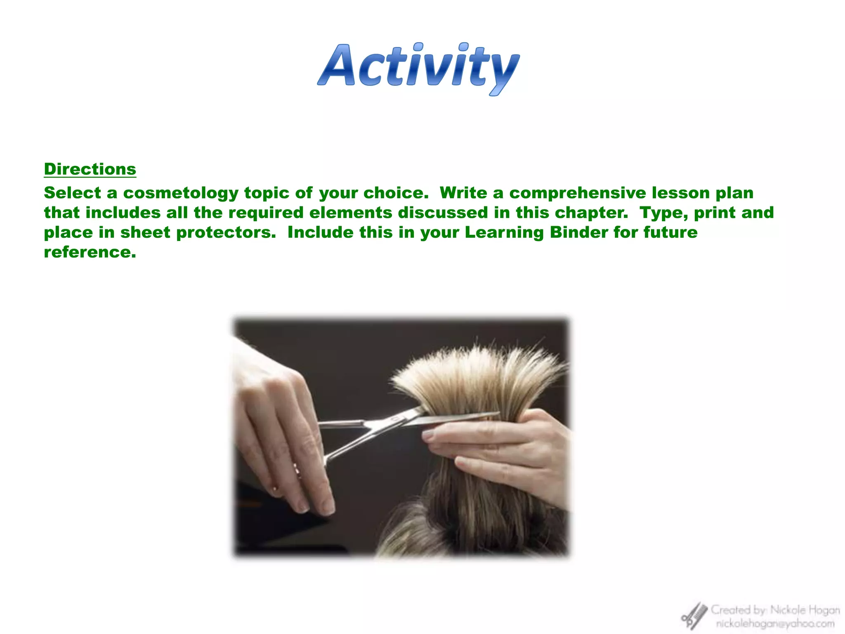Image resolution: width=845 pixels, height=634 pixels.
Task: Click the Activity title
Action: pyautogui.click(x=418, y=68)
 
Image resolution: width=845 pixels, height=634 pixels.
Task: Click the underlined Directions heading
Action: pyautogui.click(x=90, y=169)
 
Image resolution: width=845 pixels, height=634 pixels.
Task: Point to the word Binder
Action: pyautogui.click(x=579, y=232)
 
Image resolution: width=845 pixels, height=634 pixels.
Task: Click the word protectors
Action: pyautogui.click(x=226, y=232)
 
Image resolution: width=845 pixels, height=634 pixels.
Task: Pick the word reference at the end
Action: pyautogui.click(x=90, y=252)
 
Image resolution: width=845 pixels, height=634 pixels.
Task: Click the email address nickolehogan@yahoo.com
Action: pyautogui.click(x=775, y=624)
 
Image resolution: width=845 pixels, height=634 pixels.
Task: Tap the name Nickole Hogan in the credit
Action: pyautogui.click(x=805, y=610)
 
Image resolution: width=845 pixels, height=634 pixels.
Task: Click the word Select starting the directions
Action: pyautogui.click(x=72, y=193)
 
